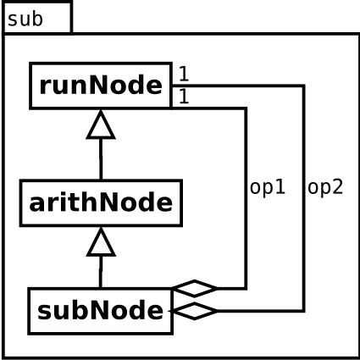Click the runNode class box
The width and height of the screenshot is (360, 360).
[x=101, y=86]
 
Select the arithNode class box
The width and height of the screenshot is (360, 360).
[x=101, y=202]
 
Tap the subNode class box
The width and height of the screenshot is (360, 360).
[x=101, y=311]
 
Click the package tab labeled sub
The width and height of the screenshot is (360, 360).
[x=37, y=18]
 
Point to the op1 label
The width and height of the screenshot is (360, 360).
[x=268, y=187]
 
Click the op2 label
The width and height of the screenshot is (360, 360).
[x=325, y=187]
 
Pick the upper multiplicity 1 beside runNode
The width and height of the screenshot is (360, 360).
[x=184, y=74]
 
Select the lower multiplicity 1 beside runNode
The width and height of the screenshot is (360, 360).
[x=184, y=97]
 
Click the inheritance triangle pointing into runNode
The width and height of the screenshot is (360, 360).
[x=101, y=125]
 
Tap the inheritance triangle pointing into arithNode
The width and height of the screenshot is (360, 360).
[x=101, y=242]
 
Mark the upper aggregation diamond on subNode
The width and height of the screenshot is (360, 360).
[x=195, y=288]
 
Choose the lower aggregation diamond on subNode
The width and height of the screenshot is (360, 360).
[x=194, y=311]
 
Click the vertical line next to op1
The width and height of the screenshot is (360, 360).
[x=246, y=198]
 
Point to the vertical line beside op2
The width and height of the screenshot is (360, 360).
[x=303, y=198]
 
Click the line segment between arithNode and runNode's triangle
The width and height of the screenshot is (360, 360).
[x=101, y=159]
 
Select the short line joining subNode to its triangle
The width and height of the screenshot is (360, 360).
[x=101, y=272]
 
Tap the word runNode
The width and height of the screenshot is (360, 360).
[x=101, y=86]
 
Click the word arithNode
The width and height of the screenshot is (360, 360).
[x=101, y=202]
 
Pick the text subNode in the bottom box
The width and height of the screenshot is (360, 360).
[x=101, y=311]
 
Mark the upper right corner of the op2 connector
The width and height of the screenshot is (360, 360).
[x=303, y=86]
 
